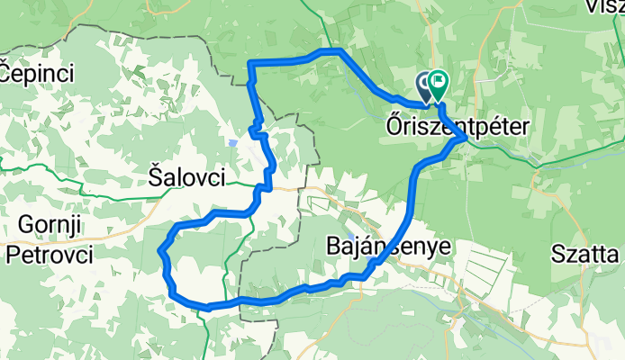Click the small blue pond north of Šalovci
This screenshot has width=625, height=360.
tap(232, 142)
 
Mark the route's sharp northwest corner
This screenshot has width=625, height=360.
tap(250, 62)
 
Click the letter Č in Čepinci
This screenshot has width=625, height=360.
tap(7, 69)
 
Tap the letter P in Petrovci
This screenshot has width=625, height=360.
tap(14, 255)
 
